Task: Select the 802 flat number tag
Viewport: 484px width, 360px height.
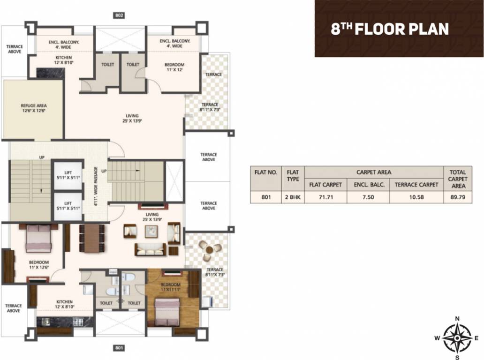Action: pos(119,15)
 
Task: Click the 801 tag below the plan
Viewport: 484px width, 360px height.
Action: pos(119,348)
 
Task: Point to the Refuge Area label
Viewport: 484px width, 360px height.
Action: pos(33,108)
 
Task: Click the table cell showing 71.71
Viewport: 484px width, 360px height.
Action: pos(325,197)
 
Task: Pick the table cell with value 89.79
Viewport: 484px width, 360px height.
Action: pos(457,197)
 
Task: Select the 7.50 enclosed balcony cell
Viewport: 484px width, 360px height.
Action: pos(368,197)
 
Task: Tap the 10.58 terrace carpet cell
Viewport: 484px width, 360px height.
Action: pos(416,197)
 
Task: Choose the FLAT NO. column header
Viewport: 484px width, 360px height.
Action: pos(266,172)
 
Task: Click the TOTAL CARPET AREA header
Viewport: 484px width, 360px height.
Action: pos(457,179)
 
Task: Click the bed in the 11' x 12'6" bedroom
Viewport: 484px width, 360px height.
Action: pos(38,239)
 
